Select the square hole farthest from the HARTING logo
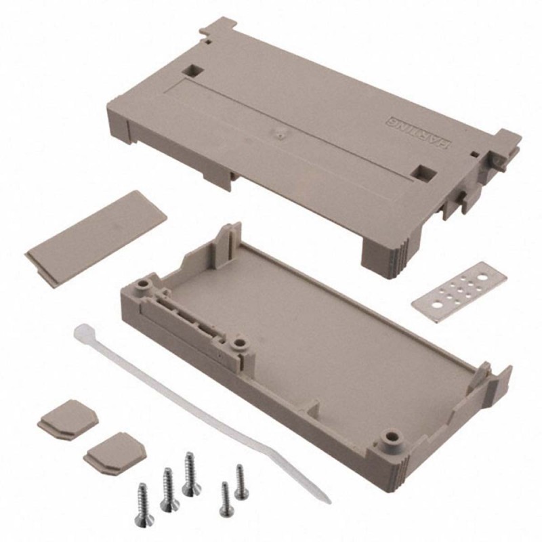pyautogui.click(x=193, y=70)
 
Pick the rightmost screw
pyautogui.click(x=241, y=481)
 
